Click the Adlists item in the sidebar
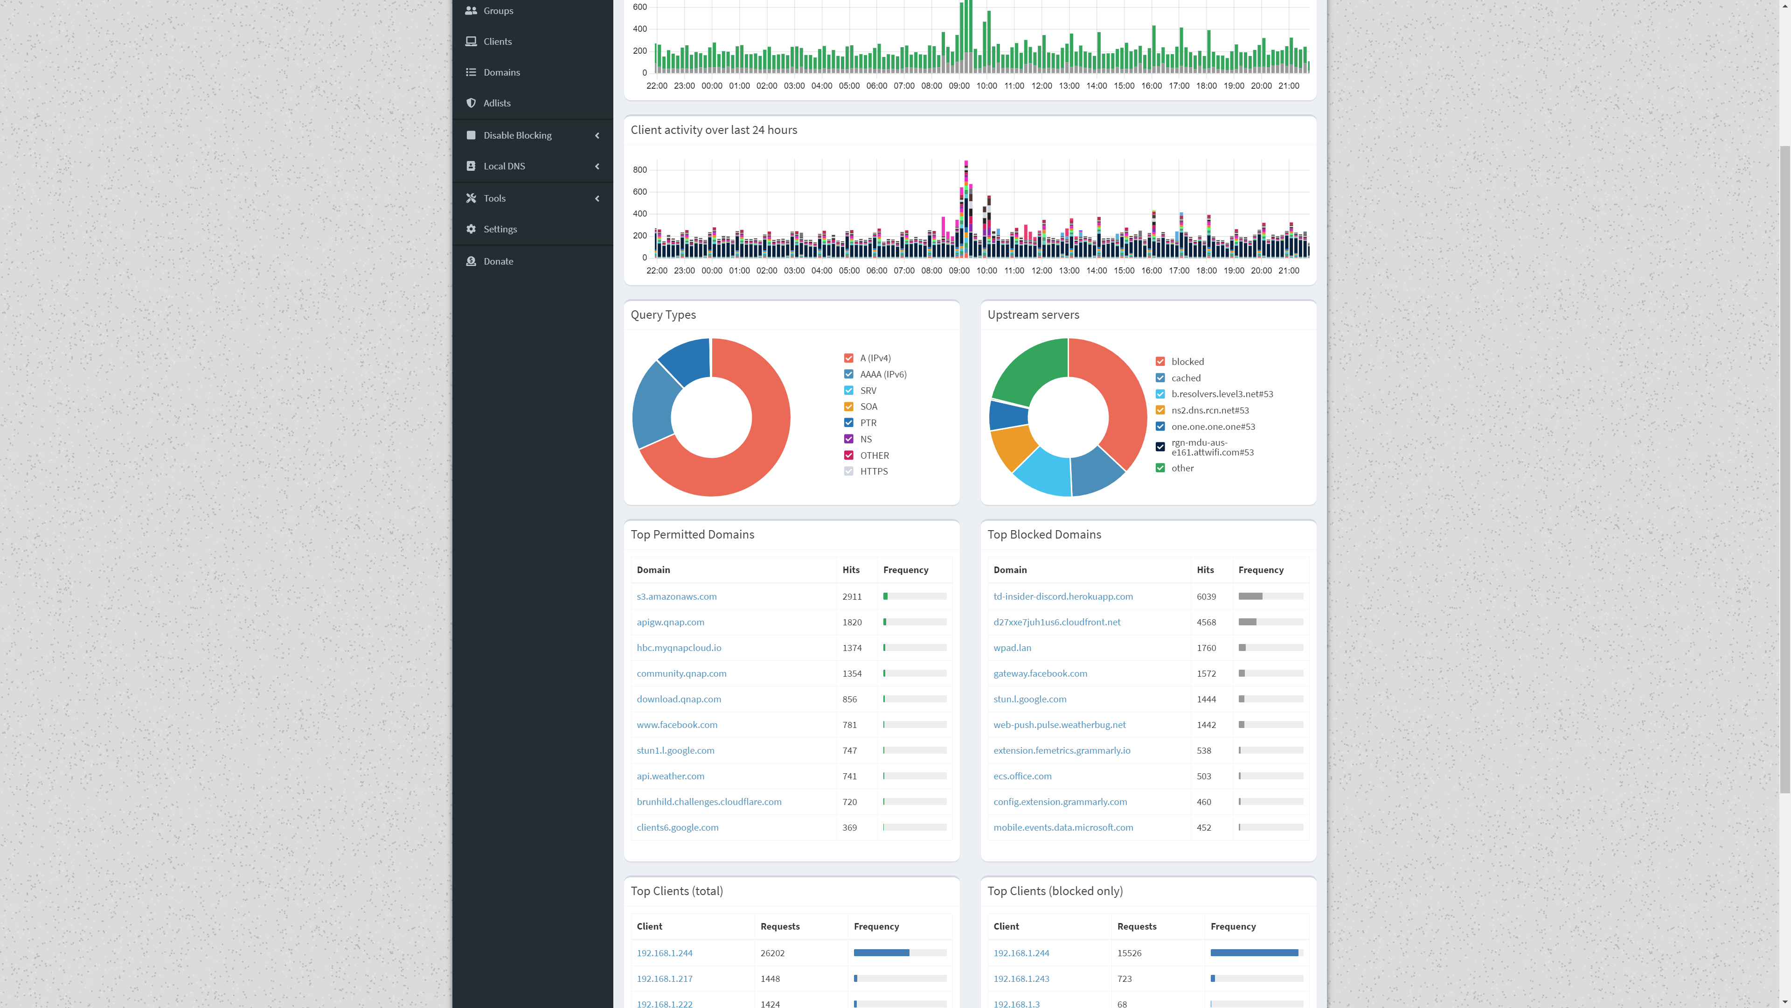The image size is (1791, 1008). (496, 103)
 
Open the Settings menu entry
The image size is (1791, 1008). (500, 229)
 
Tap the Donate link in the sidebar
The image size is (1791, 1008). (498, 261)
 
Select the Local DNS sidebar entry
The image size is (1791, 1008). (504, 166)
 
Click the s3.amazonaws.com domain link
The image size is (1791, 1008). (676, 596)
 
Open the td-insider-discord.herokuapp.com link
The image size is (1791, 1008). (1063, 596)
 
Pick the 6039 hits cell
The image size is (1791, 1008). (1206, 596)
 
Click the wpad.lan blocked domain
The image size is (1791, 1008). (1012, 648)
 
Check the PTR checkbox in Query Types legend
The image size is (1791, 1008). (848, 422)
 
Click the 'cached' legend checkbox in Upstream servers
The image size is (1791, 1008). (1159, 378)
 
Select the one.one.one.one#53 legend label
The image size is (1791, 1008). (1213, 427)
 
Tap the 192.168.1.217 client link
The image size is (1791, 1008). (664, 978)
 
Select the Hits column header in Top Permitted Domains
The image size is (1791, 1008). (851, 570)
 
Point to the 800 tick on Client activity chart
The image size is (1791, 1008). (639, 170)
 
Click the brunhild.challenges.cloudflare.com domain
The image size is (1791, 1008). (708, 801)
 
